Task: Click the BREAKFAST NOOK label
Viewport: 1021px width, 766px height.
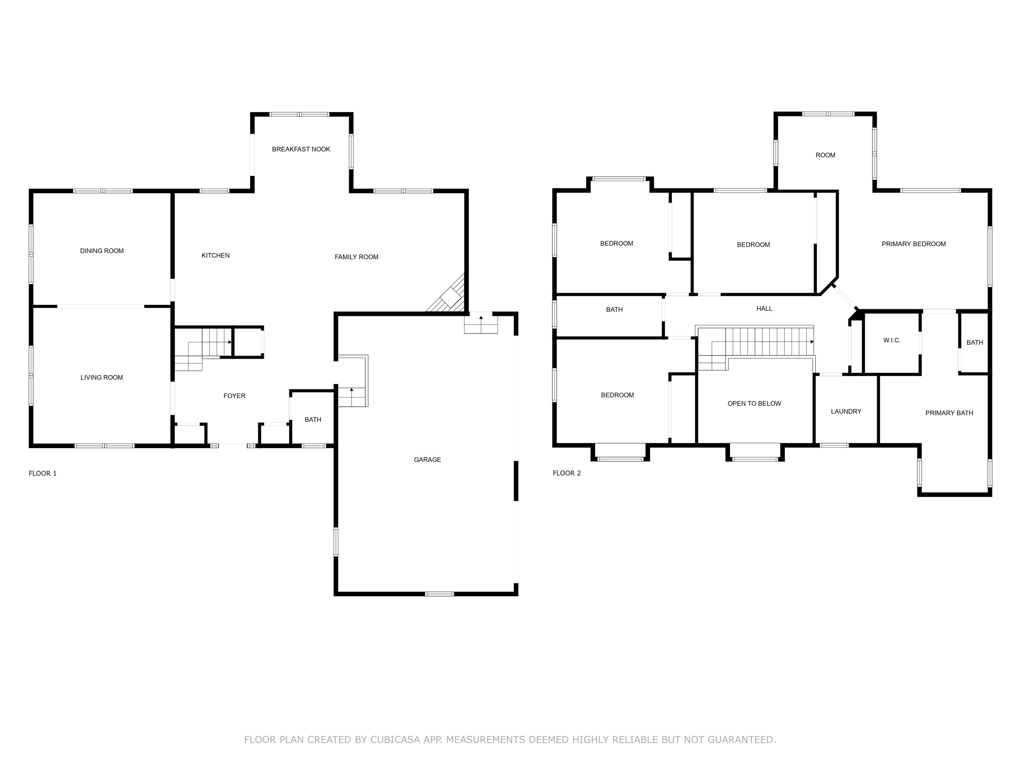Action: coord(301,149)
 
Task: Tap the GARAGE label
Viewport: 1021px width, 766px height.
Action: coord(427,459)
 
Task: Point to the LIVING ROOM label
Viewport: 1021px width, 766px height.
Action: coord(101,377)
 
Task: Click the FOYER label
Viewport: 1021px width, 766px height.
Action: coord(234,396)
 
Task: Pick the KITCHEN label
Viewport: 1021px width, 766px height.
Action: coord(215,255)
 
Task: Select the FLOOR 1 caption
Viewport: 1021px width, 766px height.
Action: coord(43,473)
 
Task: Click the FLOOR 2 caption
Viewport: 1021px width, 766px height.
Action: coord(567,473)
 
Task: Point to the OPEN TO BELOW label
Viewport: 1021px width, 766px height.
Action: coord(754,403)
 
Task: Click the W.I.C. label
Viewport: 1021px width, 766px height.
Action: coord(892,340)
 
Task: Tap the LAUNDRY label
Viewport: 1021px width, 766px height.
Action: coord(846,411)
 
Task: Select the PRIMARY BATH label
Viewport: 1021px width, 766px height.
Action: coord(949,413)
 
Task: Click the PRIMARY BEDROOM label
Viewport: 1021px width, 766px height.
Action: coord(913,244)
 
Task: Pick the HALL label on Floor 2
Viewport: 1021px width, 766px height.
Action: coord(764,308)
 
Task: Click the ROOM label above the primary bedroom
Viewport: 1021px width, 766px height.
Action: coord(825,155)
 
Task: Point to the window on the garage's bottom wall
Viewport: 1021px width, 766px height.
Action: coord(439,594)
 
